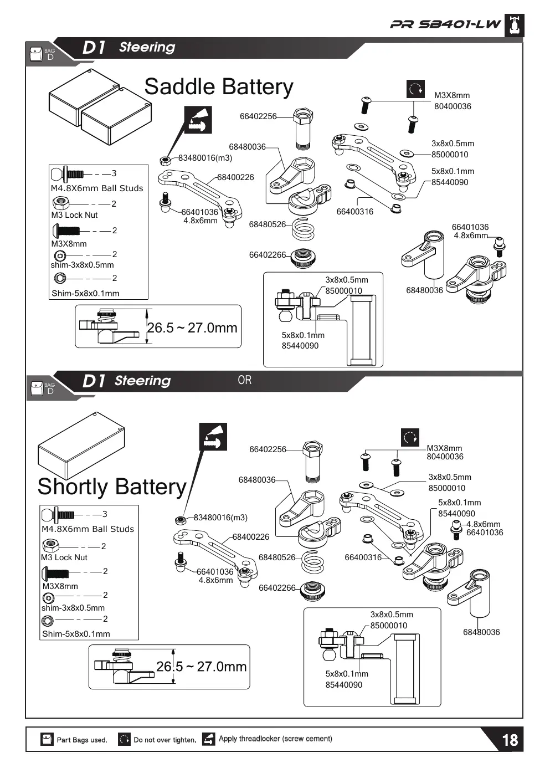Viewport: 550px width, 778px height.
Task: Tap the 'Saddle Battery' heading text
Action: pos(219,87)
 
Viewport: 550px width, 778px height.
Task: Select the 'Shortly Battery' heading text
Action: pos(112,487)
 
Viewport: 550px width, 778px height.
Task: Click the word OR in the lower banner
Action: pos(244,380)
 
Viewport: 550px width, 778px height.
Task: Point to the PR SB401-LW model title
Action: pos(445,24)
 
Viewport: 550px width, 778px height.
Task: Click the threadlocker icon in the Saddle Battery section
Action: pos(198,120)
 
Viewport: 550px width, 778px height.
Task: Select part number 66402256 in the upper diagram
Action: pos(258,116)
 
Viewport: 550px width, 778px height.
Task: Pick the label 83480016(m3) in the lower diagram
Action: pos(220,518)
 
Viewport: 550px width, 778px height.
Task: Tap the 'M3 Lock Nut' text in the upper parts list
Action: pos(74,215)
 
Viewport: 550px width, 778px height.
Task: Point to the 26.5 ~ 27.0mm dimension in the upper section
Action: pos(192,328)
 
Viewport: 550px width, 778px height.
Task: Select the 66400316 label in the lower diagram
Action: pos(363,557)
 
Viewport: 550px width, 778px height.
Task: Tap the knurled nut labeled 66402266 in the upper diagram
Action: pos(302,258)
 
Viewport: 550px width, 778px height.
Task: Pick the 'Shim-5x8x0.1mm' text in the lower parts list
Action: pos(76,634)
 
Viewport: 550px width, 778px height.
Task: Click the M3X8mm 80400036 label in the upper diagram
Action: pos(453,101)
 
